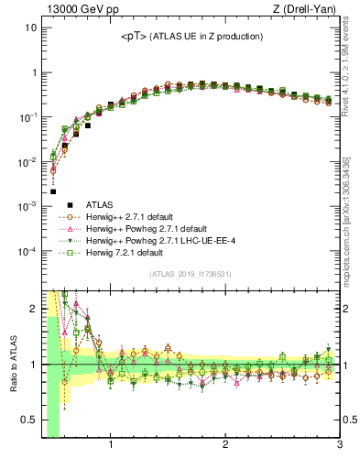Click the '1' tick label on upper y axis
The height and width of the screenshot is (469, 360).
(33, 72)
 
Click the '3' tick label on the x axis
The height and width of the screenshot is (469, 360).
(339, 447)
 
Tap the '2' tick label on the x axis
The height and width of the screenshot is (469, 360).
(225, 447)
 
